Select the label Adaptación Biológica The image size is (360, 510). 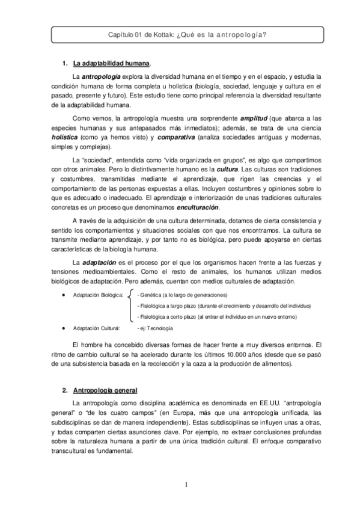tap(97, 295)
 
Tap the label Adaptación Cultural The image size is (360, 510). tap(96, 328)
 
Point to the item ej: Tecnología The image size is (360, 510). tap(156, 328)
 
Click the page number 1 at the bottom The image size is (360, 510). tap(186, 485)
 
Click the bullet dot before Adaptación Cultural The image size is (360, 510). tap(64, 328)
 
